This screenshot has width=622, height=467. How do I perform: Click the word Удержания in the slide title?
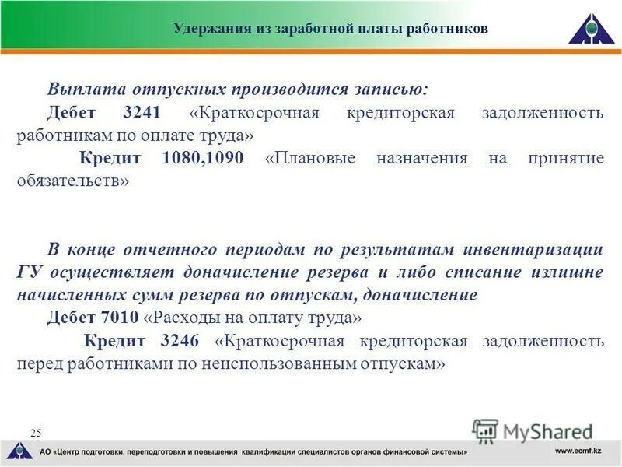tap(207, 29)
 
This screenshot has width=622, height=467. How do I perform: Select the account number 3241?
tap(142, 113)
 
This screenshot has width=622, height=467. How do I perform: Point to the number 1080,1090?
tap(203, 159)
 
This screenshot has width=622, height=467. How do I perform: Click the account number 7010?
tap(119, 318)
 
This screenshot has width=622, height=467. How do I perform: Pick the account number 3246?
tap(180, 341)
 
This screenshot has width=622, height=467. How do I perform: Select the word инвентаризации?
tap(531, 250)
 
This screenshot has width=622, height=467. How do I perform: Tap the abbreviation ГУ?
tap(30, 273)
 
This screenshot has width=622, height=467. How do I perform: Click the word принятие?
tap(565, 159)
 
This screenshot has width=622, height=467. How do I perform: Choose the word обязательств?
tap(69, 181)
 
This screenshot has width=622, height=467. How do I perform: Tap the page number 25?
tap(36, 432)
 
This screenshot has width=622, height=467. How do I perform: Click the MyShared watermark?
tap(533, 430)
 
